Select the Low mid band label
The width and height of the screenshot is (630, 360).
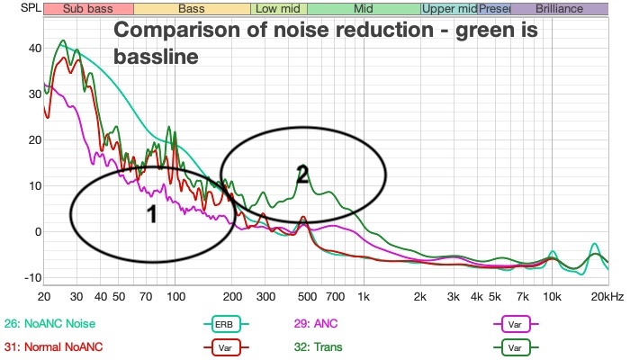pyautogui.click(x=276, y=9)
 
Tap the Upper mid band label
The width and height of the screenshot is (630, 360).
pyautogui.click(x=449, y=9)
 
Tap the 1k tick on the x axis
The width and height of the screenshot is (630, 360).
pyautogui.click(x=364, y=296)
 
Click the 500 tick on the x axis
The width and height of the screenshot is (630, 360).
pyautogui.click(x=307, y=296)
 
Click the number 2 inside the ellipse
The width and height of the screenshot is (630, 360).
pyautogui.click(x=303, y=175)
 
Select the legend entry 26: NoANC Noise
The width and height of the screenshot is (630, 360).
pyautogui.click(x=49, y=323)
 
